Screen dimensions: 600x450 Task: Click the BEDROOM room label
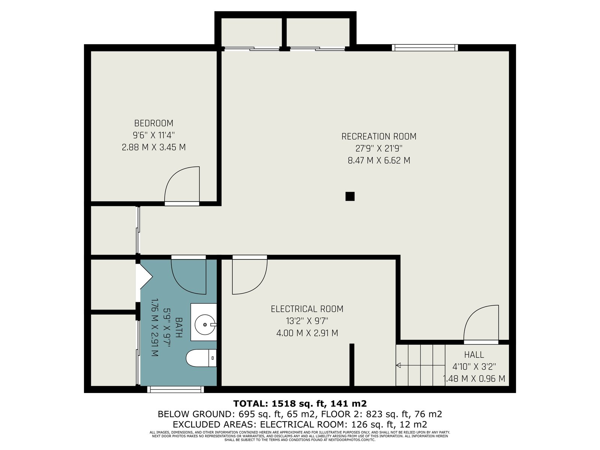pyautogui.click(x=154, y=123)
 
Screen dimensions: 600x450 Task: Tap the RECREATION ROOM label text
pyautogui.click(x=379, y=136)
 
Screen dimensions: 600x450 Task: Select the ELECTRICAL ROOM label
pyautogui.click(x=307, y=309)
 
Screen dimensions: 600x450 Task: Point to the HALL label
pyautogui.click(x=474, y=355)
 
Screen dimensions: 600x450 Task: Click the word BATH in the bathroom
pyautogui.click(x=178, y=327)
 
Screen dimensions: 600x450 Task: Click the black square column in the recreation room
pyautogui.click(x=350, y=196)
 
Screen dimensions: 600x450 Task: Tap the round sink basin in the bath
pyautogui.click(x=205, y=325)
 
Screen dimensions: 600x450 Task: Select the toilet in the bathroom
pyautogui.click(x=201, y=358)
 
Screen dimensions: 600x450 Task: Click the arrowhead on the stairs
pyautogui.click(x=398, y=365)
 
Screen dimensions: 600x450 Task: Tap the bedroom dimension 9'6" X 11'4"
pyautogui.click(x=154, y=135)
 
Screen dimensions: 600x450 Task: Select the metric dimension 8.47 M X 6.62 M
pyautogui.click(x=379, y=160)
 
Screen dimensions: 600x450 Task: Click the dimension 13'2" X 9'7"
pyautogui.click(x=307, y=321)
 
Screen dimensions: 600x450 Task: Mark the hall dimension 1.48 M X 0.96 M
pyautogui.click(x=474, y=379)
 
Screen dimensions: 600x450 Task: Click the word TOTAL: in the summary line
pyautogui.click(x=251, y=403)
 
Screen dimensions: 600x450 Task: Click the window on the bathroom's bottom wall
pyautogui.click(x=175, y=389)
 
